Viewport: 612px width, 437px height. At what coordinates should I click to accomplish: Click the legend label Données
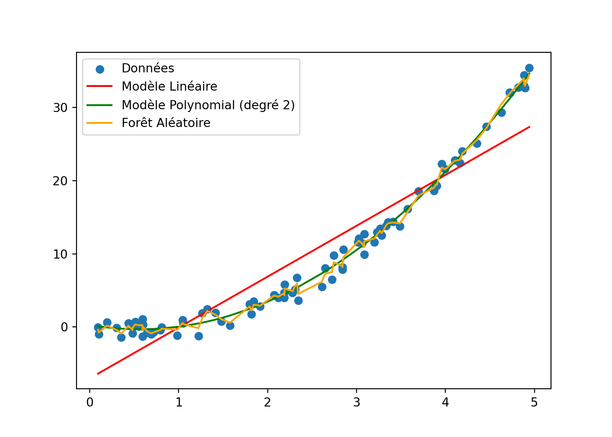(x=148, y=68)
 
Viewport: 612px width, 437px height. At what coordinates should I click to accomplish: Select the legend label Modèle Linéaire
(x=169, y=86)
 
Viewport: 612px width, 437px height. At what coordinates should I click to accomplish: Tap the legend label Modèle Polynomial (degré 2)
(x=208, y=105)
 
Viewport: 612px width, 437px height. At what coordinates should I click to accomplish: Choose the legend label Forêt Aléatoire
(x=166, y=123)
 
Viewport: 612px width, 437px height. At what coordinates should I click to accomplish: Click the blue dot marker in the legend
(x=100, y=69)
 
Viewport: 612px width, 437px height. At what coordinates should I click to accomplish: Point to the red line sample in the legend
(x=100, y=86)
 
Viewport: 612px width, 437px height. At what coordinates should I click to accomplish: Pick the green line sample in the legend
(x=100, y=105)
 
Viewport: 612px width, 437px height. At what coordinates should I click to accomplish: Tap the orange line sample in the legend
(x=100, y=123)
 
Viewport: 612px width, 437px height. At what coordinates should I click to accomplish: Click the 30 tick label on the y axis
(x=60, y=108)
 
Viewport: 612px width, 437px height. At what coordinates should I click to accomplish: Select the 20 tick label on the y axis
(x=60, y=181)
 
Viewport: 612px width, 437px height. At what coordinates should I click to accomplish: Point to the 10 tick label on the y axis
(x=60, y=254)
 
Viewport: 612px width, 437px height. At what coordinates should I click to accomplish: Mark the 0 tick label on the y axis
(x=64, y=327)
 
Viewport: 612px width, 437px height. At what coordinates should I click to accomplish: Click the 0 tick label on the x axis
(x=90, y=402)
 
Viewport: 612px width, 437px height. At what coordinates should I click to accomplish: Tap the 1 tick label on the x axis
(x=178, y=402)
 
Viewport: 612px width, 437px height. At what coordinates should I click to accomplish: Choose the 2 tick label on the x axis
(x=267, y=402)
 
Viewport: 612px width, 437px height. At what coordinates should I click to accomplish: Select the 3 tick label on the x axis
(x=356, y=402)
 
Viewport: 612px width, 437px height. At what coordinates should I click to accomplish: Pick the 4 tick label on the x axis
(x=445, y=402)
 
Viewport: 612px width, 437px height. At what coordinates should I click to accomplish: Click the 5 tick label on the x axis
(x=534, y=402)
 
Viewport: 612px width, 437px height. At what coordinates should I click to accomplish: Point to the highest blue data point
(x=529, y=68)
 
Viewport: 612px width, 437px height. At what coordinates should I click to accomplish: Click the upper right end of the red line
(x=530, y=127)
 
